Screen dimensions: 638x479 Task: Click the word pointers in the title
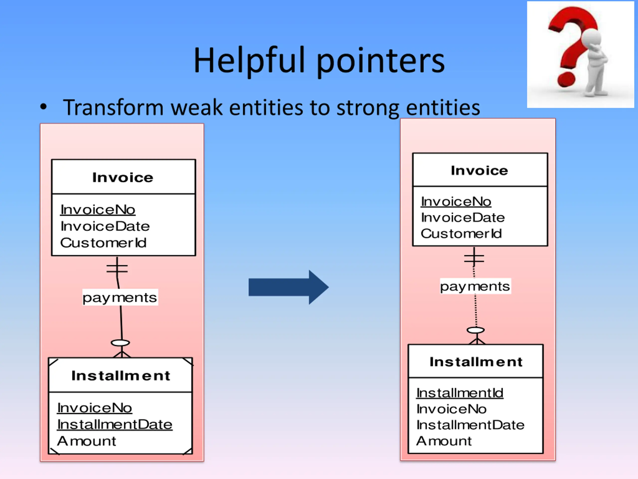(x=381, y=62)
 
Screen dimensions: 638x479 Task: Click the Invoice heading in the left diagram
(x=123, y=177)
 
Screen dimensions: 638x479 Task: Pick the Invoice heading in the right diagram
(x=479, y=170)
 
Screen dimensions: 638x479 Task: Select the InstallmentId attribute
(x=460, y=393)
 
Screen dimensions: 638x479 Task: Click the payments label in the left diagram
(x=120, y=297)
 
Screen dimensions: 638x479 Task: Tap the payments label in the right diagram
(x=475, y=286)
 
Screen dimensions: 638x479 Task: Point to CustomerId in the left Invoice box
(x=103, y=242)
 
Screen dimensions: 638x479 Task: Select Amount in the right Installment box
(x=444, y=441)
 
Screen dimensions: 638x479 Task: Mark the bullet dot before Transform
(x=43, y=107)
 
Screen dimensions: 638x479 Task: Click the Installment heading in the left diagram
(x=121, y=375)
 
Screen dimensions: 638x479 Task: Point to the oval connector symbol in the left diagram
(x=121, y=343)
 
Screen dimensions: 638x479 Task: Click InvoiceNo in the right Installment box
(x=451, y=409)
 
